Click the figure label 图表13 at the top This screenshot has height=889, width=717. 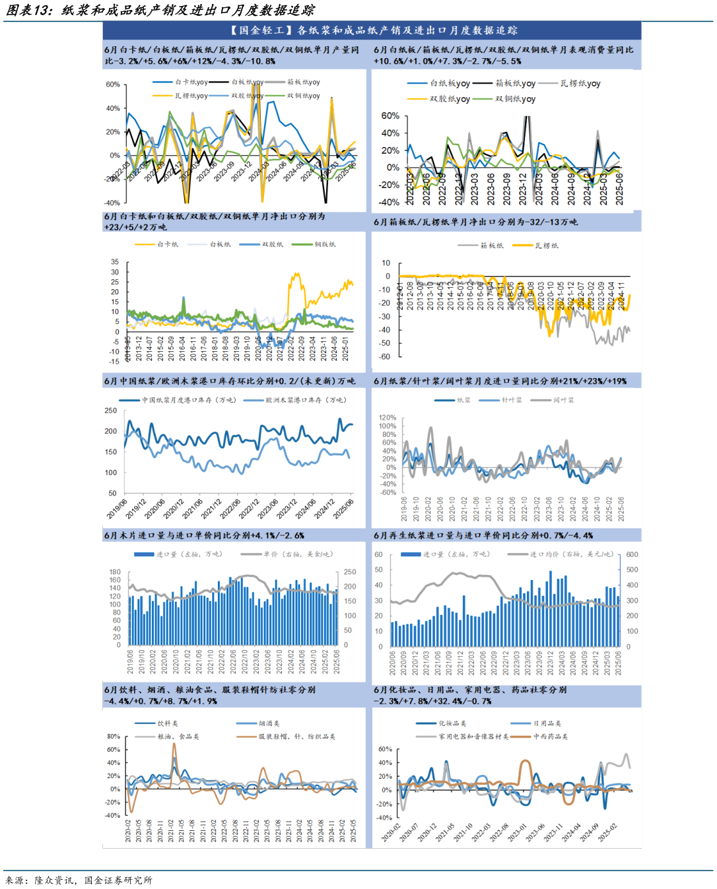tap(28, 10)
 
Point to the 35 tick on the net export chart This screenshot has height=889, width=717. tap(115, 262)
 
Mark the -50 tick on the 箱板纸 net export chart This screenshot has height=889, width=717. tap(385, 343)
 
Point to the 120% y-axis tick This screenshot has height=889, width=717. tap(387, 418)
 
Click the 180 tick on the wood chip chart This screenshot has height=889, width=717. tap(115, 572)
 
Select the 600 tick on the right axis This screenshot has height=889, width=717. tap(632, 554)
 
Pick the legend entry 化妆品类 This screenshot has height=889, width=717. tap(452, 723)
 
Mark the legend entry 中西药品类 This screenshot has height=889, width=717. tap(550, 737)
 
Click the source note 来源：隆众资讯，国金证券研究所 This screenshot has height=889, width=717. tap(79, 880)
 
